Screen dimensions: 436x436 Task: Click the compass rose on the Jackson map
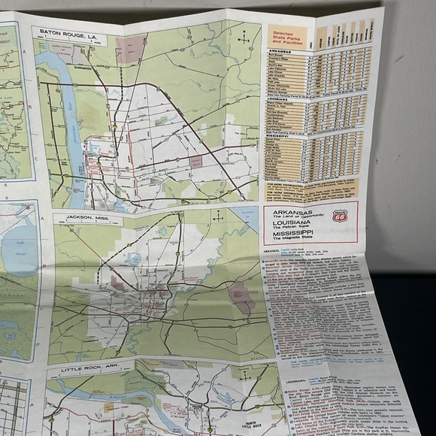[217, 217]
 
